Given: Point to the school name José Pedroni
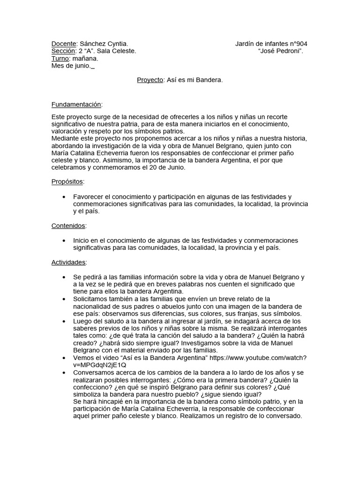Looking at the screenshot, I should [281, 51].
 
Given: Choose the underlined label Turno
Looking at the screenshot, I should [60, 59].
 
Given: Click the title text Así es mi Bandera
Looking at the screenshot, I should [194, 80].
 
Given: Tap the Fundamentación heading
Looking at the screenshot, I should [76, 104].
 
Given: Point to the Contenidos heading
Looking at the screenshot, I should [68, 226].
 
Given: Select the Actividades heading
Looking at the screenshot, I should [68, 262].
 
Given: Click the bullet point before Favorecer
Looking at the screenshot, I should [63, 197].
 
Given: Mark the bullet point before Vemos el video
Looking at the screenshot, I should [63, 358].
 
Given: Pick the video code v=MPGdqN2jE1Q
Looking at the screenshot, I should [99, 365].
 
